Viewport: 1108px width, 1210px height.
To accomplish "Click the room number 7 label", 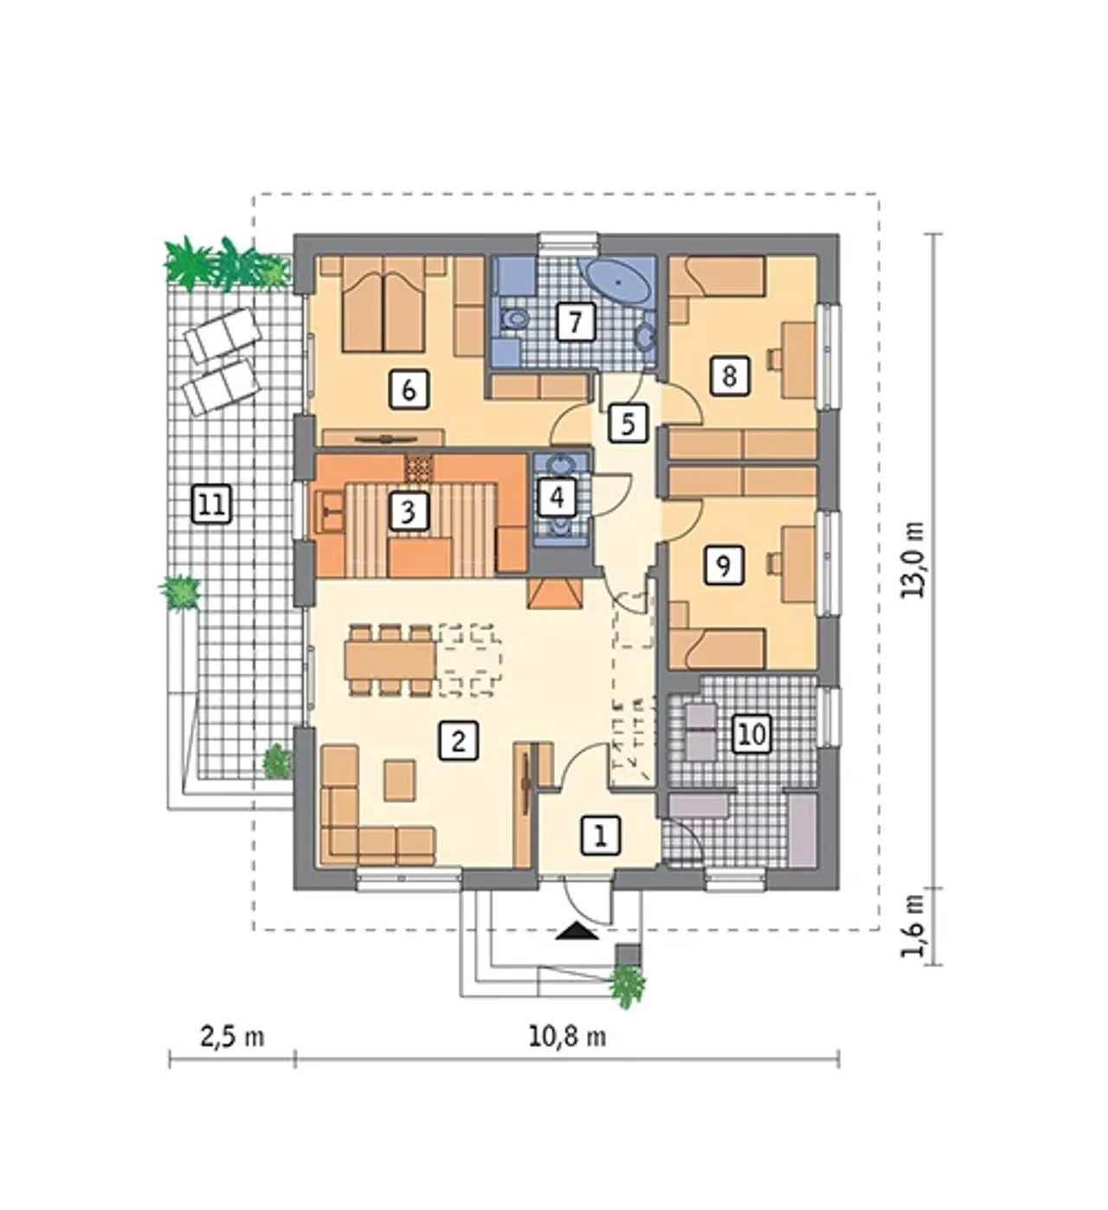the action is point(575,321).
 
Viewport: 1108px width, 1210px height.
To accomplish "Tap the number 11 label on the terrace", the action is point(211,505).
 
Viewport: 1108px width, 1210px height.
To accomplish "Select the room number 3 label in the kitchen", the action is point(408,512).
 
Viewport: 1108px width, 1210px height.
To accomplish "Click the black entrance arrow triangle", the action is point(577,931).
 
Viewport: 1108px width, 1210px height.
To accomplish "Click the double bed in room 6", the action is point(383,305).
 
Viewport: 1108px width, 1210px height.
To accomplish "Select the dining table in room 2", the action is point(390,660).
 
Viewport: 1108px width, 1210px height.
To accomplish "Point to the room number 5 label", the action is point(628,423).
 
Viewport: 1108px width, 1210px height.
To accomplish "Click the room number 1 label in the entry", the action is point(601,836).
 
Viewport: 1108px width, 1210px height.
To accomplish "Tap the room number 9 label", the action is point(723,565).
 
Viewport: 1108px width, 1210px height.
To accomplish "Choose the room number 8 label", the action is point(730,376).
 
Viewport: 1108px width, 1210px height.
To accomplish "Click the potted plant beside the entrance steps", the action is point(627,987).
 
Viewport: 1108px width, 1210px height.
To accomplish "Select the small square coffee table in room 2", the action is point(401,781).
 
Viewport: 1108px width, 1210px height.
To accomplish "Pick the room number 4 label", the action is point(557,497).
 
